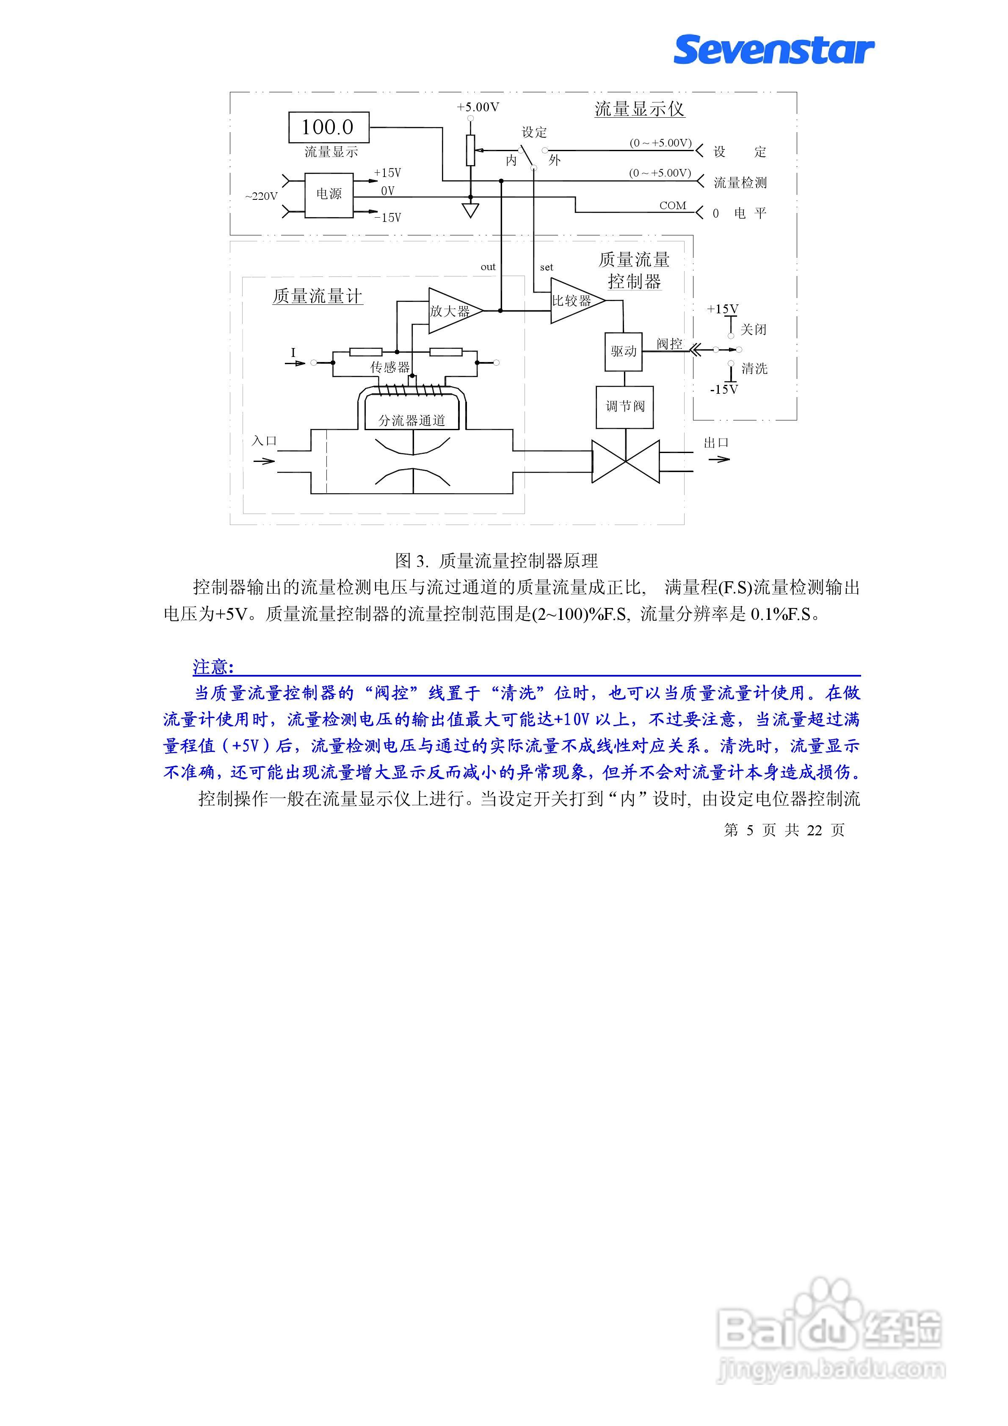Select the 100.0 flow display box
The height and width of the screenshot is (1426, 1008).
point(329,127)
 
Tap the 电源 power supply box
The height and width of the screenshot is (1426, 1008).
point(329,194)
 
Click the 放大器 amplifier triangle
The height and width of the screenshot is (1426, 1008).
point(452,310)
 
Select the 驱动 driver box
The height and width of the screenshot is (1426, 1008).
point(624,351)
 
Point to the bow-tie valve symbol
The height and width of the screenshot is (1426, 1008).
point(625,462)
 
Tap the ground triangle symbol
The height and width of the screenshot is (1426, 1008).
point(471,210)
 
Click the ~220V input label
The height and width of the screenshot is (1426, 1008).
point(261,196)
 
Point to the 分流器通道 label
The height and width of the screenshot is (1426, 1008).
point(412,420)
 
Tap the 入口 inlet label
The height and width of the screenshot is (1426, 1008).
point(264,441)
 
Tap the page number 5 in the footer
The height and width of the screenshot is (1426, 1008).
point(750,830)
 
